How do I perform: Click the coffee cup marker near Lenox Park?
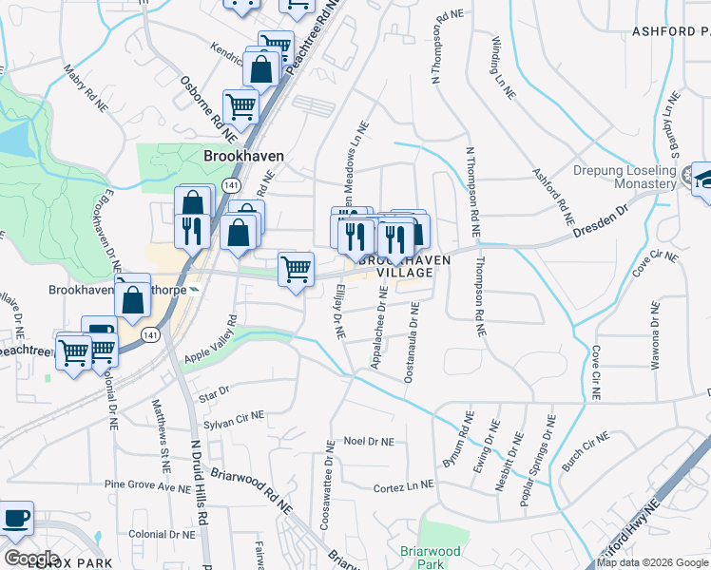point(16,519)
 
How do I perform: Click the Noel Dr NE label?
point(368,441)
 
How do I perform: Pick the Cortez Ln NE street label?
point(403,487)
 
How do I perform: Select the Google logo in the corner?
point(31,559)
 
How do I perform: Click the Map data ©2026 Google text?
point(653,562)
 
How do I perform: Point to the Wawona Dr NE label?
point(655,335)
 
